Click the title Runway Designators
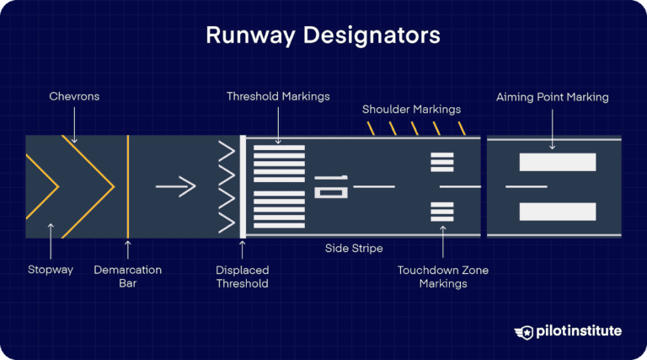coord(323,36)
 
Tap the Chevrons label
coord(73,97)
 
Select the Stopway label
coord(51,270)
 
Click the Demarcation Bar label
coord(127,277)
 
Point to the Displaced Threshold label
coord(242,277)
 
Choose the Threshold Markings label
coord(279,97)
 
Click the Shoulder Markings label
coord(412,110)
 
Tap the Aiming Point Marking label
coord(552,97)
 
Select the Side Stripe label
coord(354,249)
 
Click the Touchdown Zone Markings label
coord(442,277)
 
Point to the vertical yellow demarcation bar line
coord(127,185)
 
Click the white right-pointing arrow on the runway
coord(175,185)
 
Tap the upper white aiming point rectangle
coord(557,162)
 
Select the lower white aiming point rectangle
coord(557,212)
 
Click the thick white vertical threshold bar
coord(243,185)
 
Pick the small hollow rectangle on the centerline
coord(329,191)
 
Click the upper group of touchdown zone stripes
coord(442,162)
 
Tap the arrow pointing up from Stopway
coord(51,240)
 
